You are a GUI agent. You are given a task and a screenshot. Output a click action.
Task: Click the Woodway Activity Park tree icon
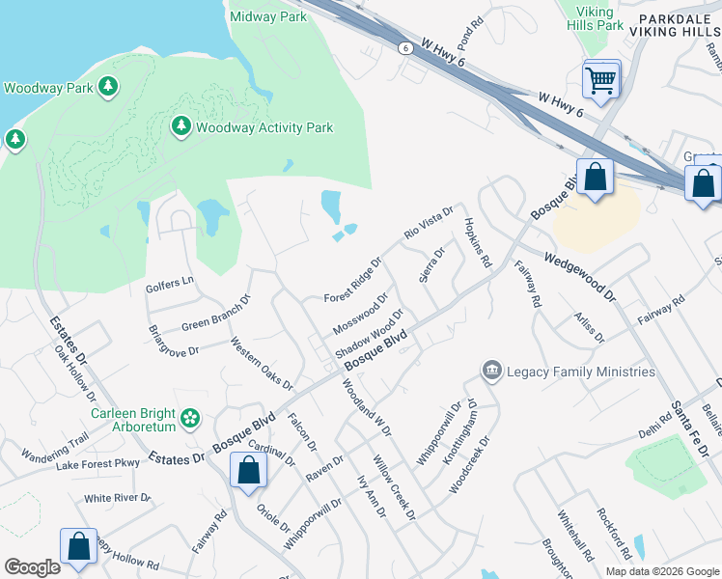(x=180, y=126)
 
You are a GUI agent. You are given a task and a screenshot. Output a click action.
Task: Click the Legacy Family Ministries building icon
(x=491, y=372)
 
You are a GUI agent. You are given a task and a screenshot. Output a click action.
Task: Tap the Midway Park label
(x=268, y=16)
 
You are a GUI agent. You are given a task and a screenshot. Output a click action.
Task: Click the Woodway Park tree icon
(x=108, y=87)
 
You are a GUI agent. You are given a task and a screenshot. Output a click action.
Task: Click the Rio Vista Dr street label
(x=429, y=223)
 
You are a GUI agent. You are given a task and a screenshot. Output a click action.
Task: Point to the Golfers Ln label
(x=169, y=285)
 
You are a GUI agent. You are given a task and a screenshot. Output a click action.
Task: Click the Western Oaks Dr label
(x=262, y=370)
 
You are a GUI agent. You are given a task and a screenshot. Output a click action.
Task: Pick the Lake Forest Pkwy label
(x=97, y=464)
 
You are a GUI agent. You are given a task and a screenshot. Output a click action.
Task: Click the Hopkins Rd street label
(x=479, y=242)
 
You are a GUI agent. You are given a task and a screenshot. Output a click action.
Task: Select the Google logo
(x=32, y=567)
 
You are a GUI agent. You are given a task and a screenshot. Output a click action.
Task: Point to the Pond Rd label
(x=470, y=36)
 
